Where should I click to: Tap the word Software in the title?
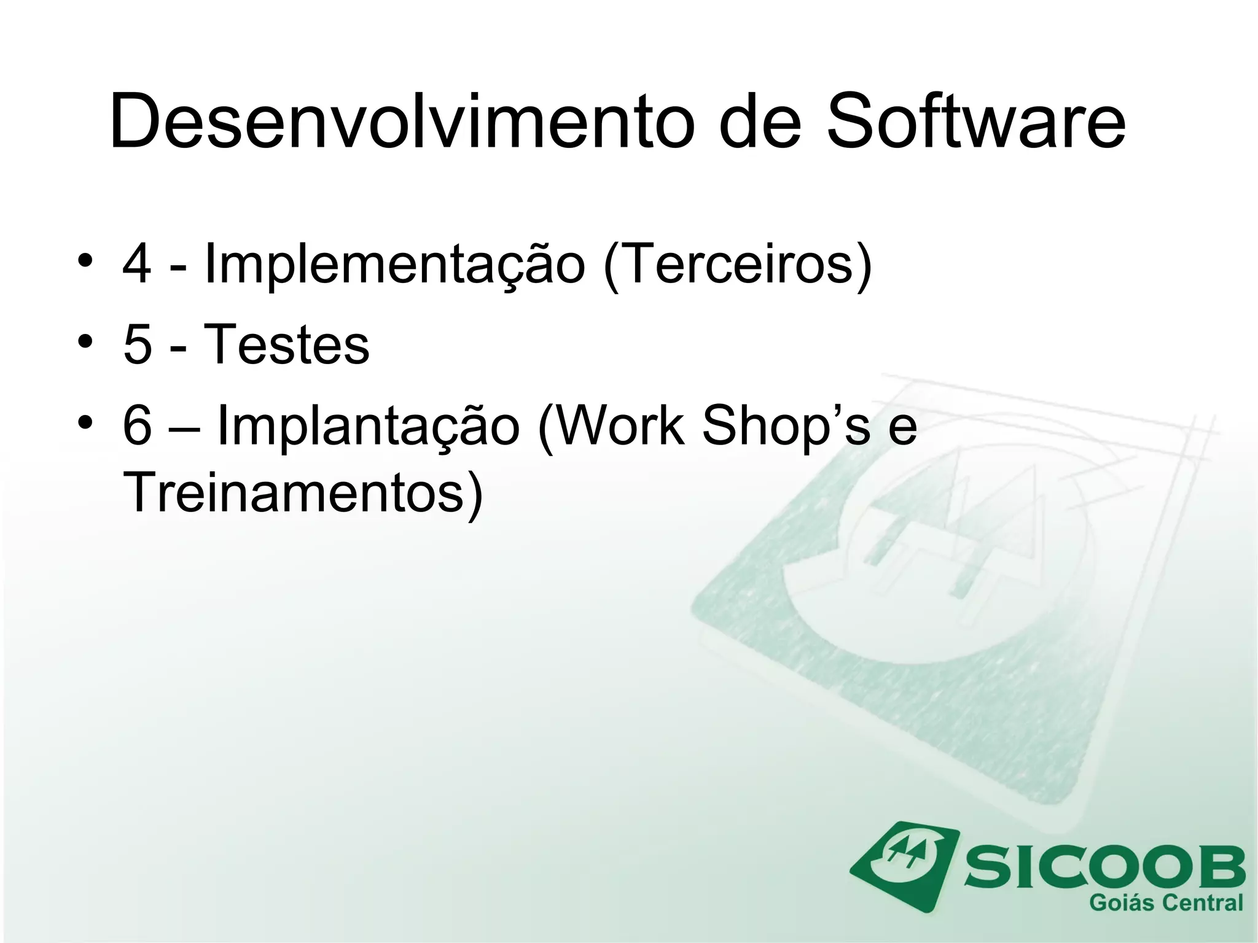pos(975,121)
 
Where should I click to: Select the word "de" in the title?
pos(760,121)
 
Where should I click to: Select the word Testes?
pos(286,345)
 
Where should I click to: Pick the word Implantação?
pos(369,426)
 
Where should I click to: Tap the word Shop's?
pos(786,426)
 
